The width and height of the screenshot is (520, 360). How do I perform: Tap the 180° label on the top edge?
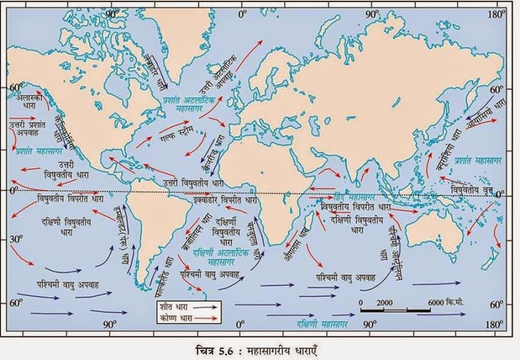click(x=494, y=12)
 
